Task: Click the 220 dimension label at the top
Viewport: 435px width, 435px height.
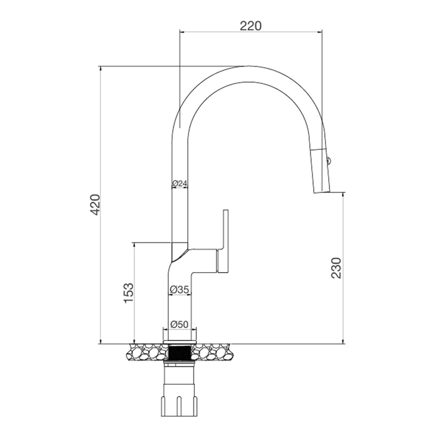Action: point(251,26)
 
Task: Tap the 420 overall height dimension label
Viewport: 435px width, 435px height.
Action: point(95,205)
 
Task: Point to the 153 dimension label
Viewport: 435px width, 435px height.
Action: point(128,293)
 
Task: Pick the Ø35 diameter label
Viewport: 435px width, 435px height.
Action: point(180,289)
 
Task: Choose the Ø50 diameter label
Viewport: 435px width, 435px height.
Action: point(180,324)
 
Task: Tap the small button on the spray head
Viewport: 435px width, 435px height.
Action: point(329,160)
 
